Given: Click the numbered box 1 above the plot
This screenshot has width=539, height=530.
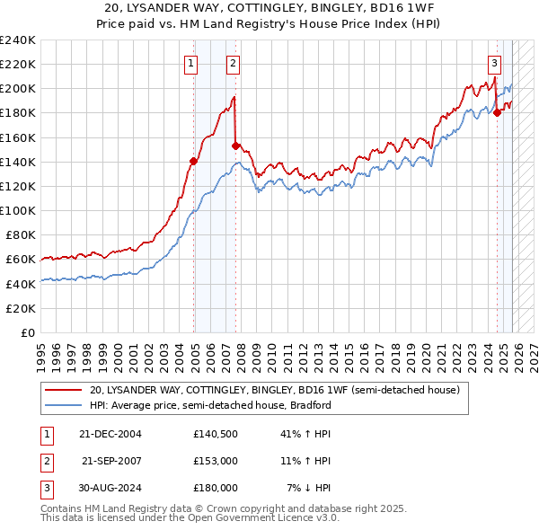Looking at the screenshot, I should (191, 63).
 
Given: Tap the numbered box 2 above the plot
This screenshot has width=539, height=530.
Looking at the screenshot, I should (233, 63).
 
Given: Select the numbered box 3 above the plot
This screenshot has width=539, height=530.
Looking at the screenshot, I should (494, 63).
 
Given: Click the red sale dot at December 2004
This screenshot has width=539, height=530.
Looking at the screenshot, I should (193, 162).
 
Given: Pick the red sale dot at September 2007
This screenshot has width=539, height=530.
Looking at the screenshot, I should (236, 146).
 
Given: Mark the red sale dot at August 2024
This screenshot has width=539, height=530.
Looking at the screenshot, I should (497, 113).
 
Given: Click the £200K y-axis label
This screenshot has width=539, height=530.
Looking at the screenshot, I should (18, 89).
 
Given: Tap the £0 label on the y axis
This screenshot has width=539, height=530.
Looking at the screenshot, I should (27, 332).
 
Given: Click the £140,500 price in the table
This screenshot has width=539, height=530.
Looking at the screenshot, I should (215, 433).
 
